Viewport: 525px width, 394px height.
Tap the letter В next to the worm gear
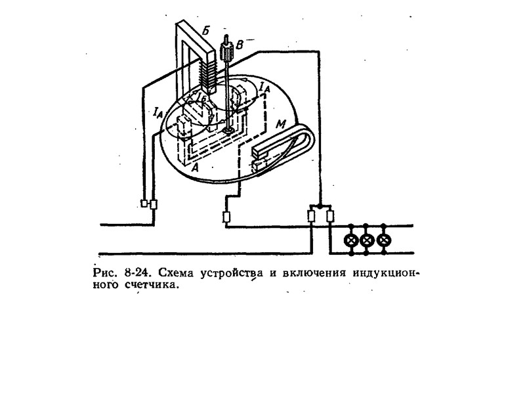[x=240, y=45]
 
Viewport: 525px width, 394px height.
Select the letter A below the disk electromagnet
[x=194, y=167]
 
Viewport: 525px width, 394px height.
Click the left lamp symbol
[x=352, y=240]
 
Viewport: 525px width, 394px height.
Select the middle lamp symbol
[x=368, y=240]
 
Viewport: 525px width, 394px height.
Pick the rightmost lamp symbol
[x=385, y=240]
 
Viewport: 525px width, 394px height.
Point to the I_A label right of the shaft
[x=264, y=86]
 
